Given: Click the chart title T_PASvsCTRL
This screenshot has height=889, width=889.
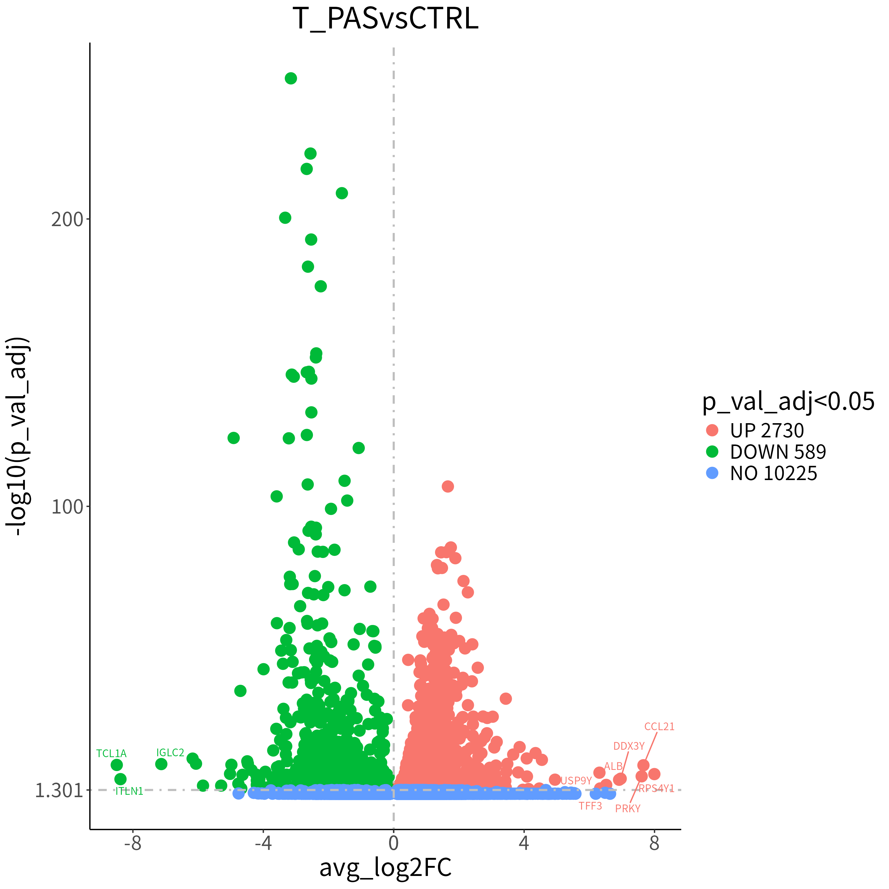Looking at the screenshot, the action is [x=385, y=19].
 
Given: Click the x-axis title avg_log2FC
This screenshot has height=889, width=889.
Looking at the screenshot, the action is [x=385, y=867].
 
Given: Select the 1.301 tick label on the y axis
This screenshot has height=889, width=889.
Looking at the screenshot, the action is [x=59, y=791].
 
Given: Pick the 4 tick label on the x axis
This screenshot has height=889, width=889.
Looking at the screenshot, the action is [x=524, y=843].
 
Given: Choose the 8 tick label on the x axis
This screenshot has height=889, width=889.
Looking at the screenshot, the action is [x=654, y=843].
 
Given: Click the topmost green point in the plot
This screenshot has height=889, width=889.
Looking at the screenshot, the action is [x=290, y=78].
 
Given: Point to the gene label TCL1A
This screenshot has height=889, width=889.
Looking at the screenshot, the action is [x=111, y=753].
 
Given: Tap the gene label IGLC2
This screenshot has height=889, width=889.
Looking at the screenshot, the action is [x=170, y=752].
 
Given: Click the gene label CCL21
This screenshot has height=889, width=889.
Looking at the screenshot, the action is [x=659, y=727].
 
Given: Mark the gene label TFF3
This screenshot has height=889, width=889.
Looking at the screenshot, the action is [x=590, y=806].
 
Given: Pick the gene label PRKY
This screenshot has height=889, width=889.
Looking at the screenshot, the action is [x=628, y=808].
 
